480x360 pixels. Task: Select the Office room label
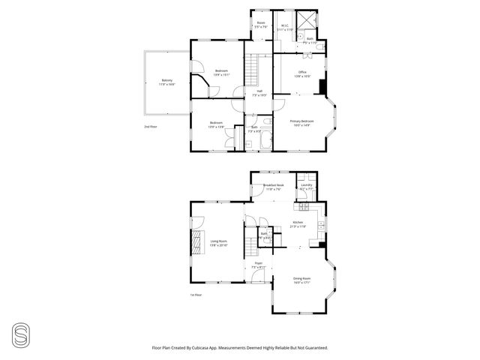[301, 72]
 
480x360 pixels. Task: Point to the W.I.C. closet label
[284, 25]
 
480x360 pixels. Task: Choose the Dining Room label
[301, 279]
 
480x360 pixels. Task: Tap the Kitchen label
[298, 223]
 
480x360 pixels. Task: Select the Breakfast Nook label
[273, 186]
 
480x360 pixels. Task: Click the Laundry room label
[306, 186]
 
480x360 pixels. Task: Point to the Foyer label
[258, 263]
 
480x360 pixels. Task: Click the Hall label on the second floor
[259, 91]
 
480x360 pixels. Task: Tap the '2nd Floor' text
[151, 127]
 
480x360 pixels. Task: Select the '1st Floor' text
[196, 295]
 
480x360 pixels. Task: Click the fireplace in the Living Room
[196, 242]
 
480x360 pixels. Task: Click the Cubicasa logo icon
[19, 332]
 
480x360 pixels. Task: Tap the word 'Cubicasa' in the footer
[200, 347]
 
